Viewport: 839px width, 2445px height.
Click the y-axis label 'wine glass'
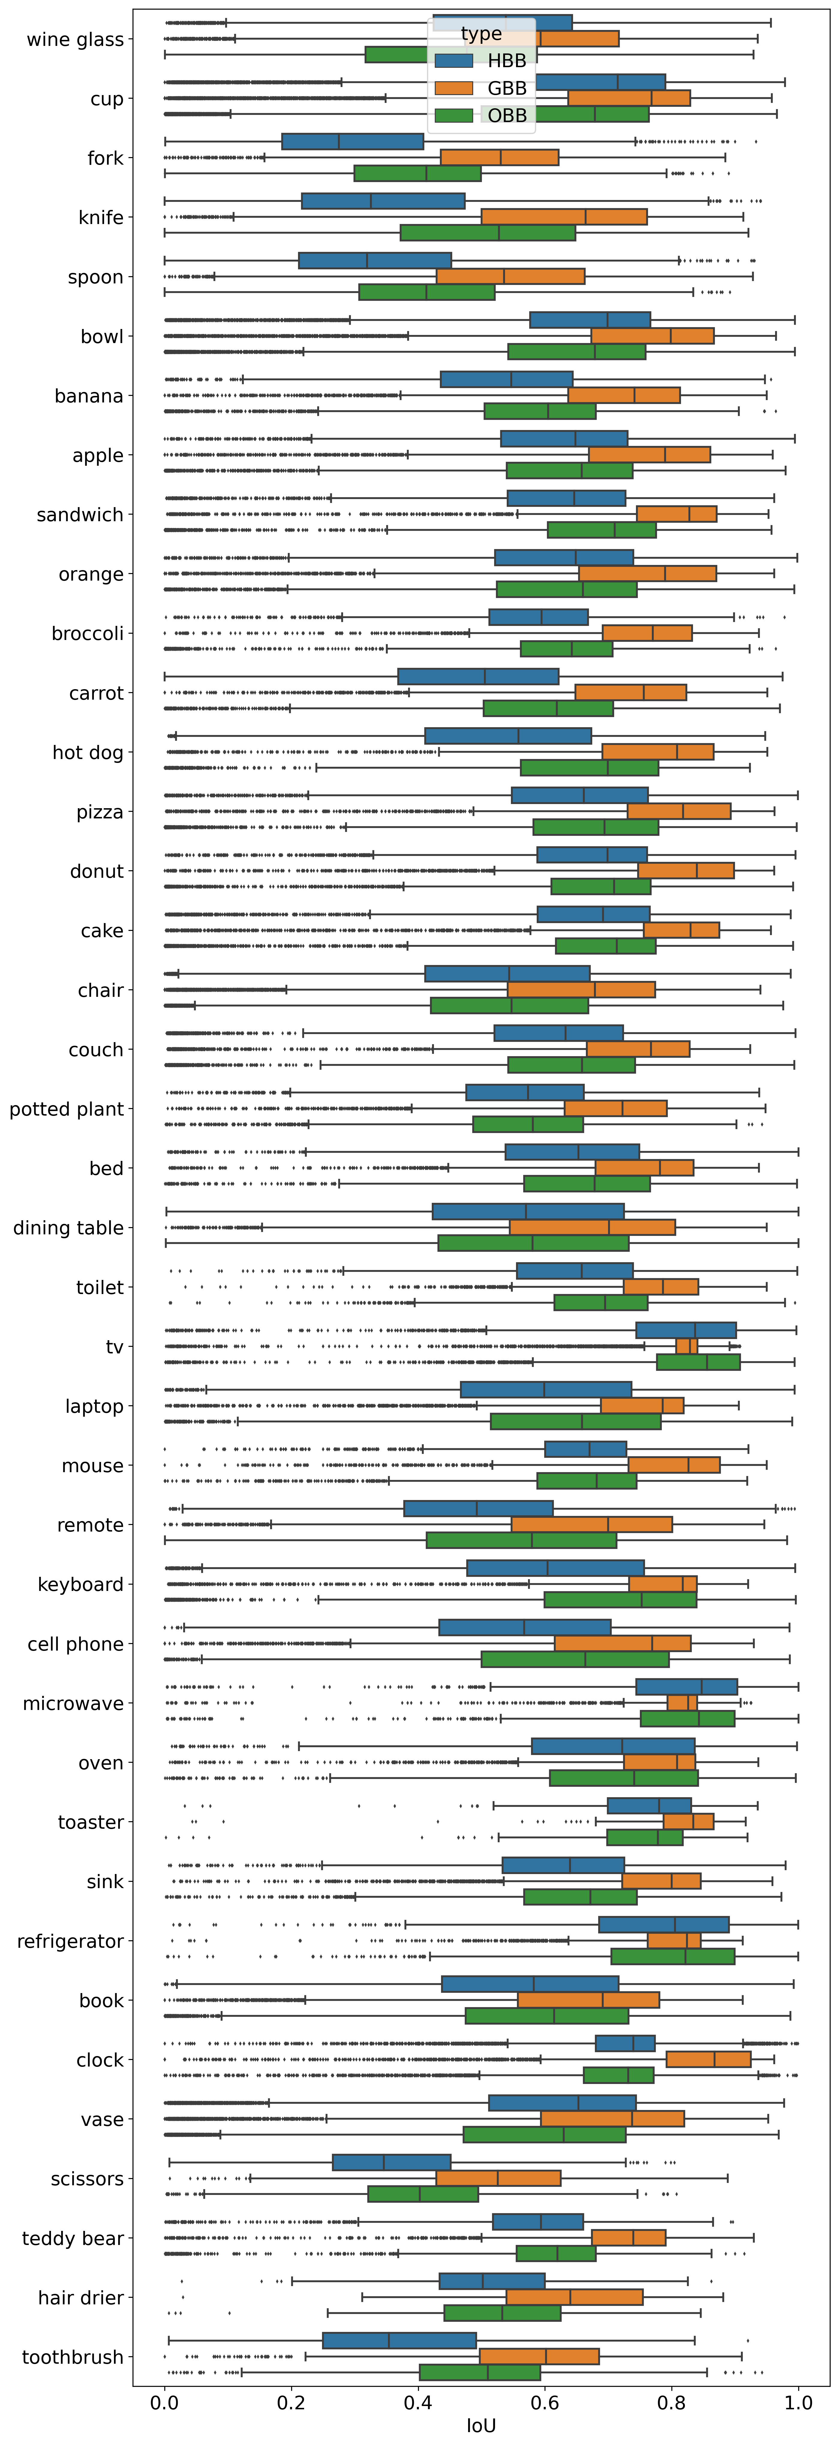pos(75,40)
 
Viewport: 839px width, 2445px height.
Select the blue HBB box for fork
pos(352,142)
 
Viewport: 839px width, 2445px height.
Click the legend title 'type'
pos(481,34)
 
